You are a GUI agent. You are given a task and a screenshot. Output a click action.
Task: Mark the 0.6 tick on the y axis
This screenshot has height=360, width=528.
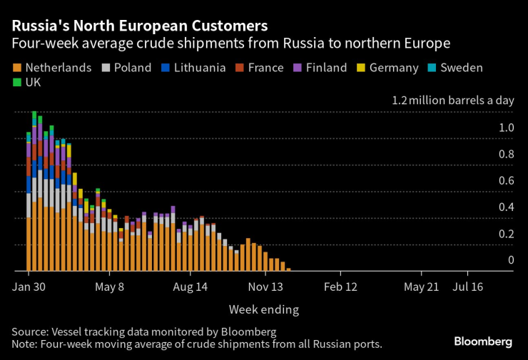[506, 180]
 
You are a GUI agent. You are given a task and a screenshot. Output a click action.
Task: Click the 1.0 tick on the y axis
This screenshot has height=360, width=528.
[506, 128]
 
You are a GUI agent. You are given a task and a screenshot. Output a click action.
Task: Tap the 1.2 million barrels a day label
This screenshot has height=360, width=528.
[452, 101]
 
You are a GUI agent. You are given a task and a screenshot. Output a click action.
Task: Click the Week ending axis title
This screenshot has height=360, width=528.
[263, 309]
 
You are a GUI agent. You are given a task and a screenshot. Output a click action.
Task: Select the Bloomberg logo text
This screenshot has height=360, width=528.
[483, 341]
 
